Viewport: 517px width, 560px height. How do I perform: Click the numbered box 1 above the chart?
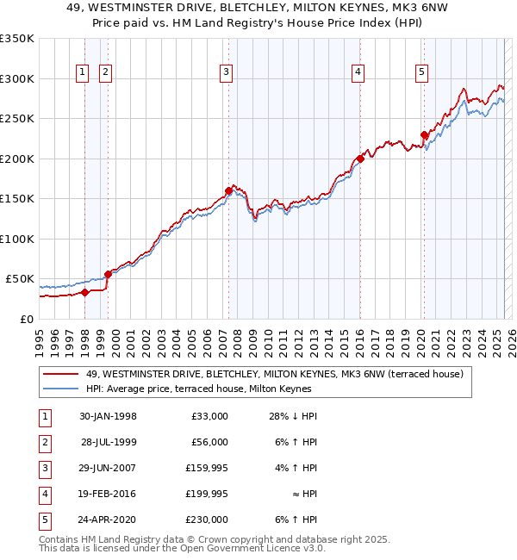[x=82, y=73]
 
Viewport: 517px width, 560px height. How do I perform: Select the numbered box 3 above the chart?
[x=226, y=73]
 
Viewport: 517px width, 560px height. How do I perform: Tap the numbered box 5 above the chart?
[x=421, y=73]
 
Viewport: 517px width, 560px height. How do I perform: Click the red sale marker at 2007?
[x=229, y=190]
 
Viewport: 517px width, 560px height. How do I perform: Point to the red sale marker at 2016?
[x=361, y=159]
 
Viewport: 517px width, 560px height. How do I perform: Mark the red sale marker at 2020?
[x=425, y=134]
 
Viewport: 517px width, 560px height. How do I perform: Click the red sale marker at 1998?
[x=85, y=292]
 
